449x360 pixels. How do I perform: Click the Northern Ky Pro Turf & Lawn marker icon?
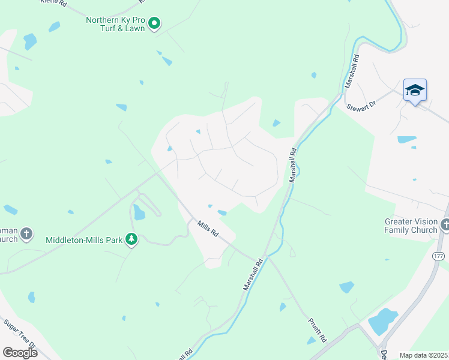pyautogui.click(x=154, y=24)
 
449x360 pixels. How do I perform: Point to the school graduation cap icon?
pyautogui.click(x=415, y=91)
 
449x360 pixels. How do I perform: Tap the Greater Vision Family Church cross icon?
pyautogui.click(x=445, y=225)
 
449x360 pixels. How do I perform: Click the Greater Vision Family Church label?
pyautogui.click(x=411, y=226)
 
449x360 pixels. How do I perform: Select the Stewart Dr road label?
pyautogui.click(x=361, y=105)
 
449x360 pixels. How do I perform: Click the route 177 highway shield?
pyautogui.click(x=438, y=256)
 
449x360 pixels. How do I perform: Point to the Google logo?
pyautogui.click(x=20, y=352)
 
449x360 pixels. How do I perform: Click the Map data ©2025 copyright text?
pyautogui.click(x=423, y=355)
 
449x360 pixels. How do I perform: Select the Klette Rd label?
pyautogui.click(x=53, y=3)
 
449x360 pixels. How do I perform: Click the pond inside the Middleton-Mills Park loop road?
pyautogui.click(x=139, y=212)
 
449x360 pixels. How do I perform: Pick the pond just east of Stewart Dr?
pyautogui.click(x=406, y=140)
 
